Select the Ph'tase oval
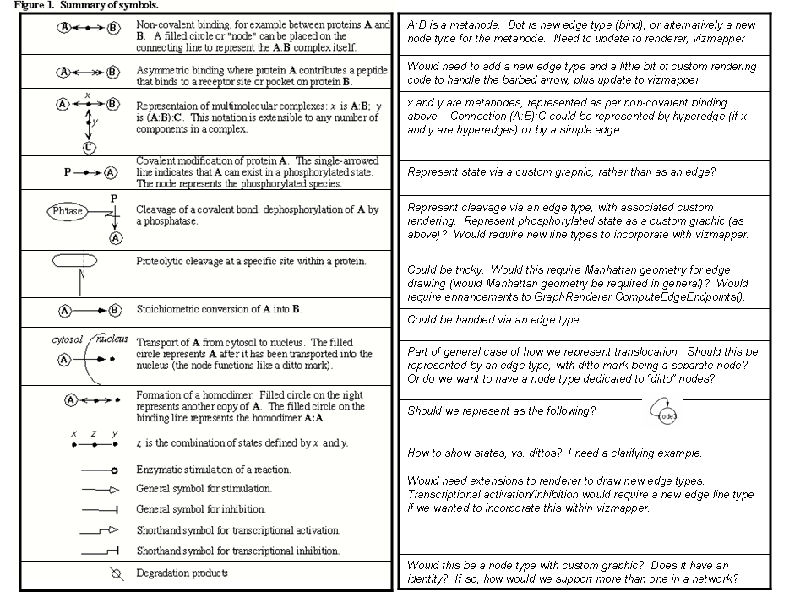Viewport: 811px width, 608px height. pos(68,211)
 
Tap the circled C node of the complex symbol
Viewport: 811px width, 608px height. pos(89,147)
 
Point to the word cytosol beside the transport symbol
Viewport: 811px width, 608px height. pos(68,339)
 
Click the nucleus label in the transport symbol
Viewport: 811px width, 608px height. pos(112,339)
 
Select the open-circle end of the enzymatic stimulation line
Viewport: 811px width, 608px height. pos(114,470)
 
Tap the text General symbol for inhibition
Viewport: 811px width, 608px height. pos(200,509)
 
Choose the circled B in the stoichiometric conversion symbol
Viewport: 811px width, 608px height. pos(116,310)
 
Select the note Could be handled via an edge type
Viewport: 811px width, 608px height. pos(493,320)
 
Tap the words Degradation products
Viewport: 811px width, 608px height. pos(182,573)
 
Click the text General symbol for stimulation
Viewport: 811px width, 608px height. pos(204,489)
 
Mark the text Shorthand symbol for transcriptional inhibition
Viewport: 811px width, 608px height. pos(238,551)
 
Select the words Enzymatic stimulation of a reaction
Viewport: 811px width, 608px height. pos(213,469)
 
